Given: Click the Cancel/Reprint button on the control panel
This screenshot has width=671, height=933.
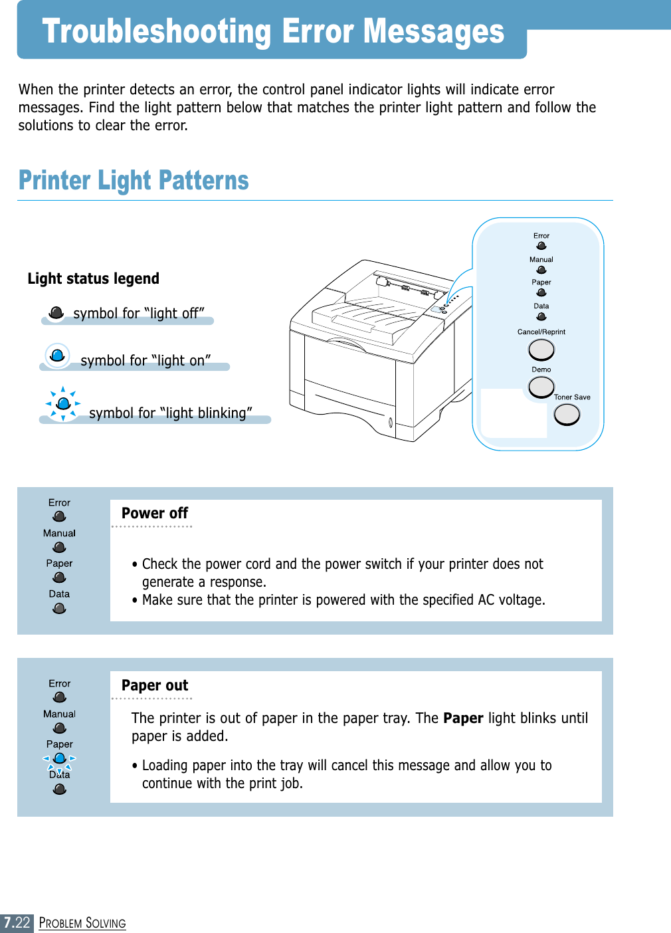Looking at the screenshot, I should (541, 350).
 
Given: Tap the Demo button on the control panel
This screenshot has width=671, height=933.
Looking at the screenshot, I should (541, 386).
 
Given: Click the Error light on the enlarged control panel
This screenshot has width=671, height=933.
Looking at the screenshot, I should (541, 246).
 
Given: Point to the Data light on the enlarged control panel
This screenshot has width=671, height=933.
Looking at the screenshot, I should (541, 316).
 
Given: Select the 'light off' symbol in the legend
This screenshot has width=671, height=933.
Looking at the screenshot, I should (57, 312).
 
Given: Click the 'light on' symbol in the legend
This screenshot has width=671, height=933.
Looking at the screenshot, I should (58, 356).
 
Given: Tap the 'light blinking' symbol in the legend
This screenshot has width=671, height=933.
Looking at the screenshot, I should (63, 403).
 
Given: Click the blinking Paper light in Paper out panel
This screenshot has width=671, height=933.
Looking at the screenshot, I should (60, 758).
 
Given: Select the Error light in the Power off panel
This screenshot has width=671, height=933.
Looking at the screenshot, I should (59, 516).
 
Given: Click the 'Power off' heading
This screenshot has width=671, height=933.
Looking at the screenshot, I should (155, 513).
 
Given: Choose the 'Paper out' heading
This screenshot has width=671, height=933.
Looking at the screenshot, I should (155, 685).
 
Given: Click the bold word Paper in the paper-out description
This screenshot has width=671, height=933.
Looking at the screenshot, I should (463, 718).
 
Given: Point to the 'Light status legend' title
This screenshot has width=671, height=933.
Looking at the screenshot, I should (94, 278).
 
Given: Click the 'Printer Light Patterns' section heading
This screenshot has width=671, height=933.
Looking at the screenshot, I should (134, 180).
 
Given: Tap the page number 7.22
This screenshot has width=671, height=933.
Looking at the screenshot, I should (17, 922).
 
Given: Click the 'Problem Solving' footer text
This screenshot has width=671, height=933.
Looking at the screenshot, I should (82, 923).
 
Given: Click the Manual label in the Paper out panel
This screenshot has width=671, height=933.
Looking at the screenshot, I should (59, 714).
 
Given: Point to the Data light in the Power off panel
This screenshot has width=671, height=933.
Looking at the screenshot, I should (59, 608).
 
